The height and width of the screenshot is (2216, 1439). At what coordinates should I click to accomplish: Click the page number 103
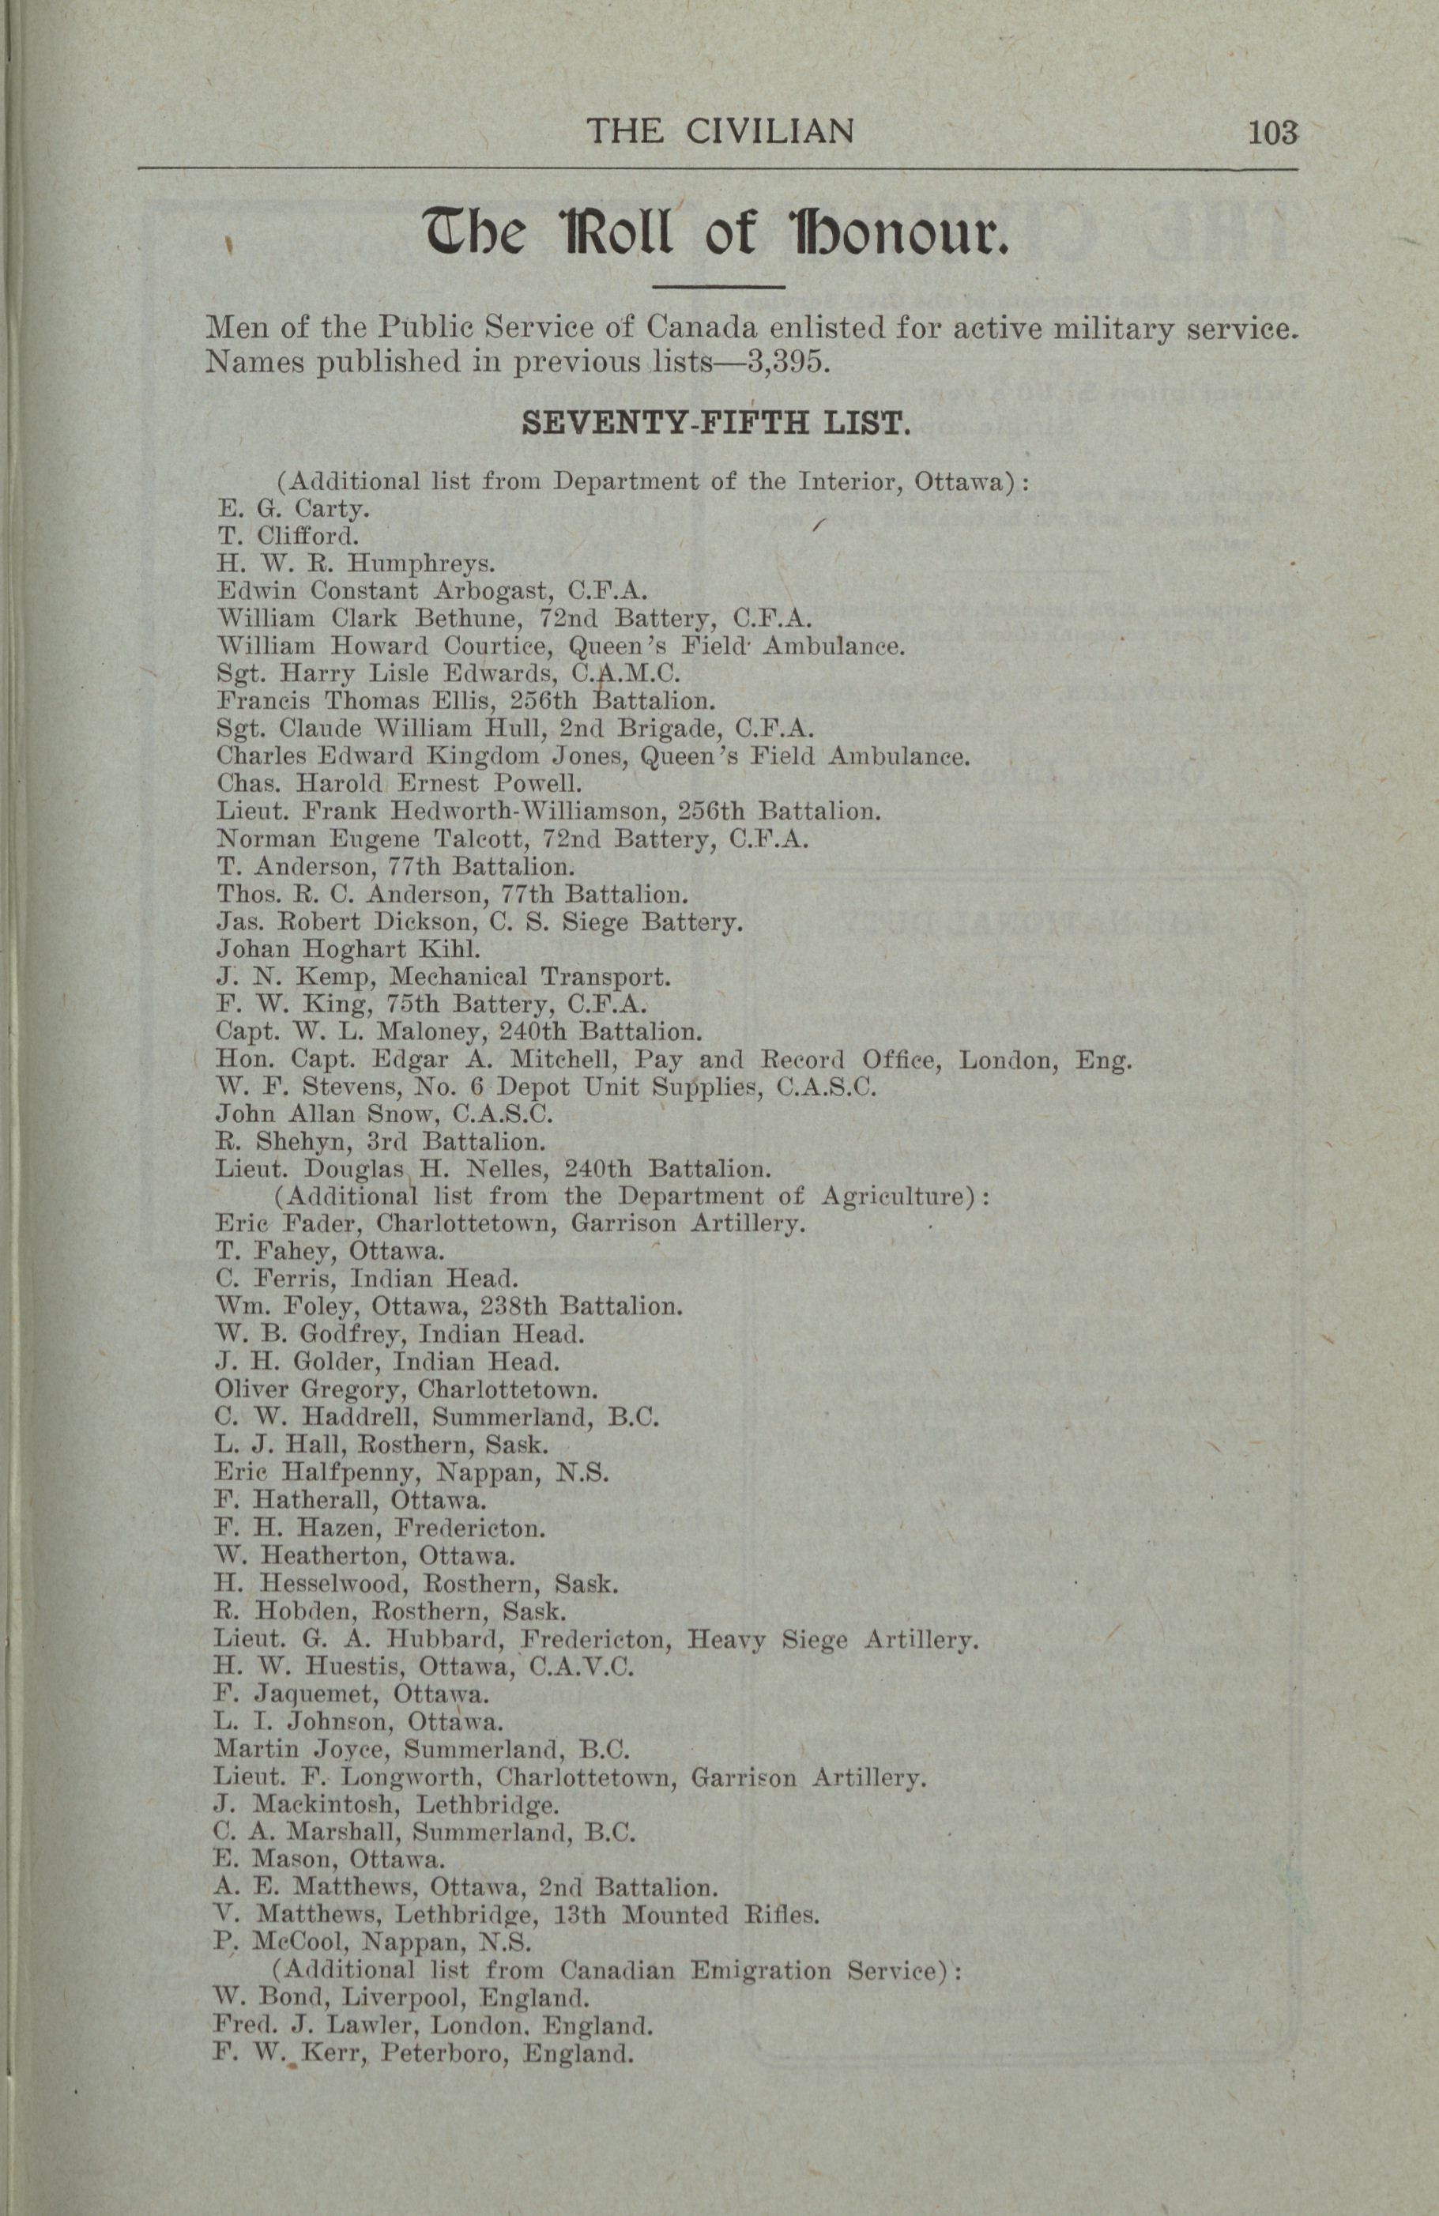1272,131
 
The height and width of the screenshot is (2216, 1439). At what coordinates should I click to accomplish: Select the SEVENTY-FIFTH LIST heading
715,424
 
